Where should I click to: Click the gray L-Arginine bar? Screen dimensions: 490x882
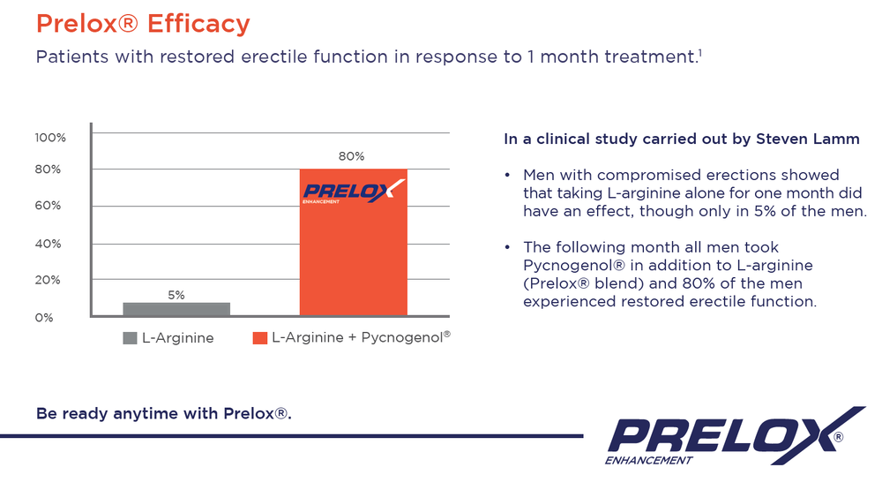pyautogui.click(x=176, y=309)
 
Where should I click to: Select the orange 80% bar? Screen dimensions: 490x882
pyautogui.click(x=353, y=256)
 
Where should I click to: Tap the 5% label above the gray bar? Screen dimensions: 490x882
pyautogui.click(x=176, y=295)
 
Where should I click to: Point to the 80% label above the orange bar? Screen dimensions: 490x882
pyautogui.click(x=351, y=156)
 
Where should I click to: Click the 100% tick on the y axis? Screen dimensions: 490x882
pyautogui.click(x=50, y=138)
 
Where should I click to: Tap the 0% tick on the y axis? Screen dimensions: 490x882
pyautogui.click(x=44, y=317)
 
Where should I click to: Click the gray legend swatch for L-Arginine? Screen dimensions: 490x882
pyautogui.click(x=130, y=337)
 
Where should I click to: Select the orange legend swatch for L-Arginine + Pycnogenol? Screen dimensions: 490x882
pyautogui.click(x=259, y=337)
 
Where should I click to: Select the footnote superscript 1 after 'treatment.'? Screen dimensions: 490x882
pyautogui.click(x=699, y=53)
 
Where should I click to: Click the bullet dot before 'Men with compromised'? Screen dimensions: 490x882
pyautogui.click(x=507, y=175)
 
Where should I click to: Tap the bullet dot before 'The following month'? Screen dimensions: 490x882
pyautogui.click(x=507, y=247)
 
